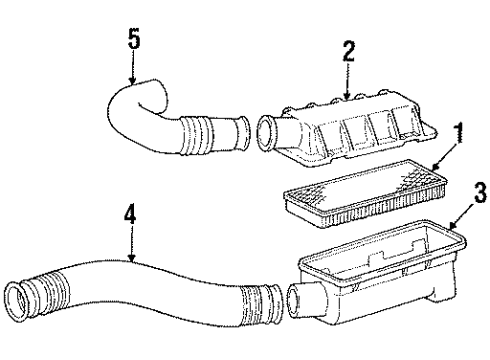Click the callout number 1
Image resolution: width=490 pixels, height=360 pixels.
coord(458,130)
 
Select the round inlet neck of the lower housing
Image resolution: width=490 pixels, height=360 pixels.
coord(298,300)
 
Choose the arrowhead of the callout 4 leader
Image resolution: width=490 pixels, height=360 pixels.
coord(130,262)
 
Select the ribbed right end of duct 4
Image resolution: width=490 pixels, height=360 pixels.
coord(265,301)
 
